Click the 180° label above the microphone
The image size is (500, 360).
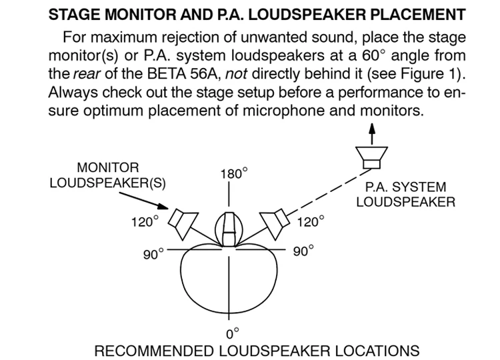(x=233, y=175)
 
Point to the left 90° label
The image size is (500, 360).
(x=153, y=255)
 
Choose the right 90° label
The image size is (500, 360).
(x=303, y=252)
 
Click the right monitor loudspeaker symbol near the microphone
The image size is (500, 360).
(x=273, y=222)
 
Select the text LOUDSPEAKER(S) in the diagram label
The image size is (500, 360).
(x=108, y=183)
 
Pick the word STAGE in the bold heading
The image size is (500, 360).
(x=71, y=13)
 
